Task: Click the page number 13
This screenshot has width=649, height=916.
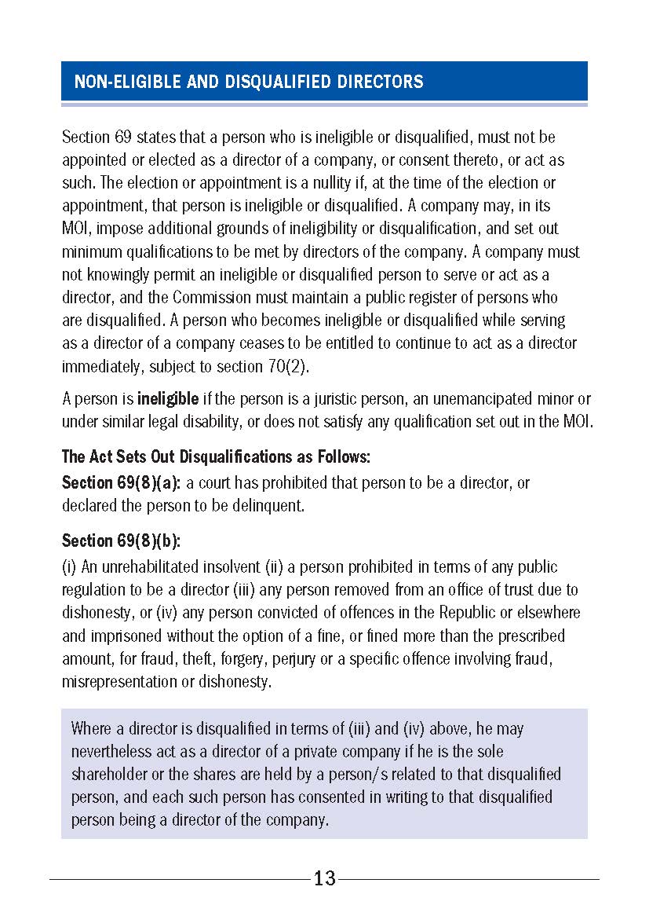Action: [324, 878]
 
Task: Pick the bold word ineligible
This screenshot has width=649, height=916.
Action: [168, 399]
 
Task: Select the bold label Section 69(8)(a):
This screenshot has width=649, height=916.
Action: [122, 482]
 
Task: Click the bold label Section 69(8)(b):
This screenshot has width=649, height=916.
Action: [122, 541]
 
